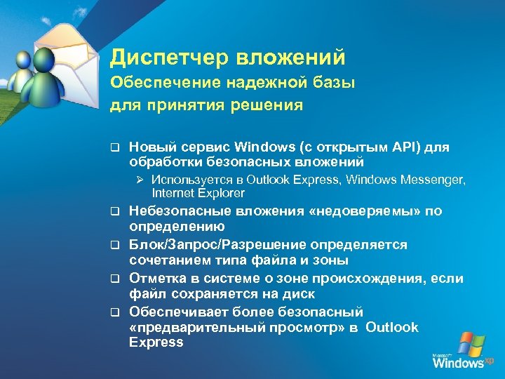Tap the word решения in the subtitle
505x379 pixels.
tap(274, 106)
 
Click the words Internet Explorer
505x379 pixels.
tap(198, 192)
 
